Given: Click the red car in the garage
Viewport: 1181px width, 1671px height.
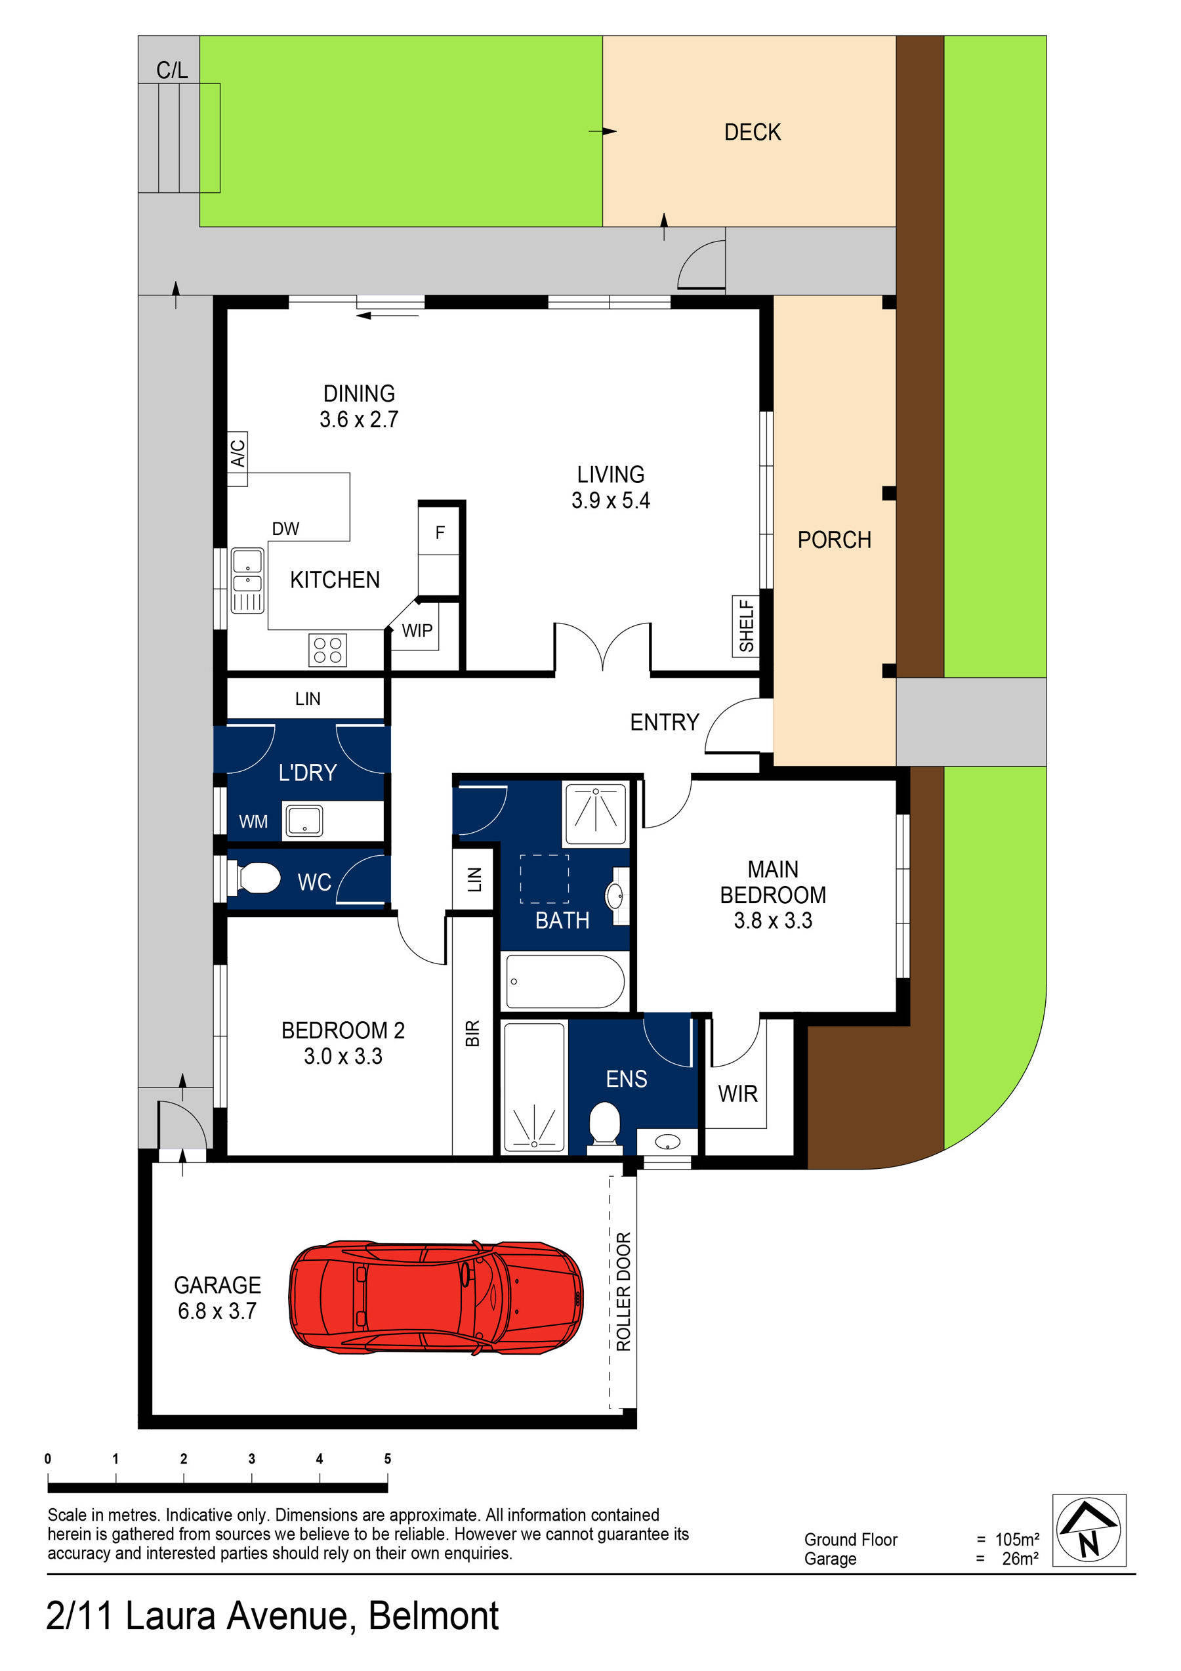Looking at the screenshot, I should pyautogui.click(x=435, y=1298).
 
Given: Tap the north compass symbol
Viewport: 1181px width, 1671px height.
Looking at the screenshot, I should pyautogui.click(x=1088, y=1530).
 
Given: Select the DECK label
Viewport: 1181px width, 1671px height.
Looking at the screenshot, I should pyautogui.click(x=752, y=133).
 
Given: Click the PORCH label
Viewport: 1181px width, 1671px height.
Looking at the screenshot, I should pyautogui.click(x=834, y=540).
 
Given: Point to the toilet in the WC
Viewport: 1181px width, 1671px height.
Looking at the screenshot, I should pyautogui.click(x=259, y=878).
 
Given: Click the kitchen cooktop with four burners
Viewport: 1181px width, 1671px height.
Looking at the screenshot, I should pyautogui.click(x=327, y=650).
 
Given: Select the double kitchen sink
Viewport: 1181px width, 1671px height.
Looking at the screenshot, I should pyautogui.click(x=247, y=580).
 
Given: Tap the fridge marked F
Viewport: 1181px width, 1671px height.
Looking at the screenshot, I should pyautogui.click(x=440, y=533).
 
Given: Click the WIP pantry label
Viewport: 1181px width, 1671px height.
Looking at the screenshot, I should pyautogui.click(x=417, y=631).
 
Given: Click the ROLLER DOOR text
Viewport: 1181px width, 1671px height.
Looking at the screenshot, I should pyautogui.click(x=623, y=1292).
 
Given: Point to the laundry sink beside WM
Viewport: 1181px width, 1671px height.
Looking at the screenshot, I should pyautogui.click(x=303, y=821).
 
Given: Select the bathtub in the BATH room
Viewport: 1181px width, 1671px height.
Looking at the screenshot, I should pyautogui.click(x=565, y=982).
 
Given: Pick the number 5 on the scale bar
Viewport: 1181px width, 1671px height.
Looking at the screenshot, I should pyautogui.click(x=387, y=1458).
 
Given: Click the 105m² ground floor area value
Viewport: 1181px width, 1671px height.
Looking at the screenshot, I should pyautogui.click(x=1016, y=1539).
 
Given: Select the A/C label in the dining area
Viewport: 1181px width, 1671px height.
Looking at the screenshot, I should pyautogui.click(x=238, y=453).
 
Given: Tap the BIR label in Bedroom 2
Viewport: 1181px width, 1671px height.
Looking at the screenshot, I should pyautogui.click(x=472, y=1034).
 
